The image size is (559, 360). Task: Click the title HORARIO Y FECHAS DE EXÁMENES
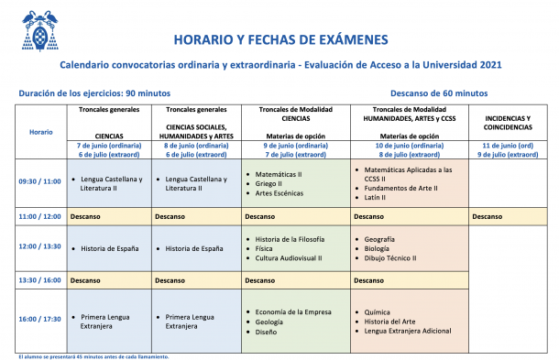280,39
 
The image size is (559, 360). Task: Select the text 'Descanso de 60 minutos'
439,93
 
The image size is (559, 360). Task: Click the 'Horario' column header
40,132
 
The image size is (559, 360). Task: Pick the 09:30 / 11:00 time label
40,181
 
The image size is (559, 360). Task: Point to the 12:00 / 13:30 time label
40,246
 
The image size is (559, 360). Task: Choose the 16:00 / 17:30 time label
40,318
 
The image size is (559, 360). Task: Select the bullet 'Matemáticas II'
279,173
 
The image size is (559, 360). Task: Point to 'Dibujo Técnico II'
390,258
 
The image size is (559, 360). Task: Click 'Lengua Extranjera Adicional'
410,332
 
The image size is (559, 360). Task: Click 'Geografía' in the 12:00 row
380,238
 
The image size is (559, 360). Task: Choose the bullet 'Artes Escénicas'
281,193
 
